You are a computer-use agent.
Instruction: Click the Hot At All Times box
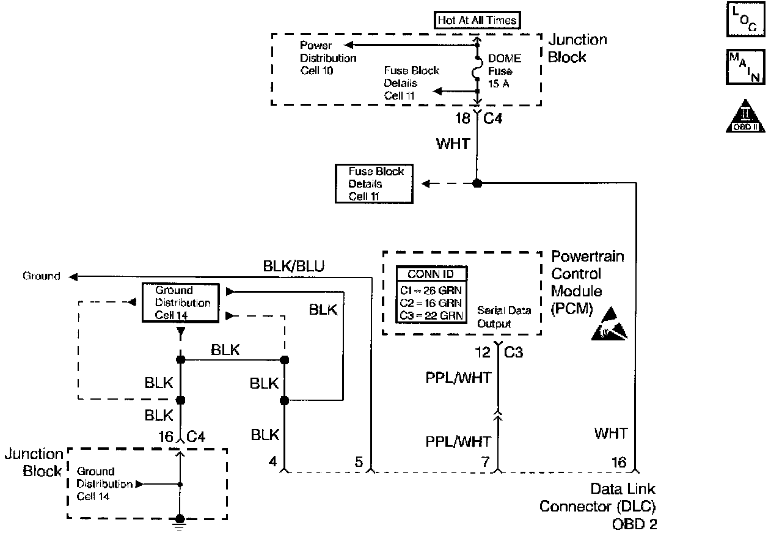click(x=477, y=20)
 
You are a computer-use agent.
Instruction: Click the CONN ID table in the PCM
click(x=430, y=295)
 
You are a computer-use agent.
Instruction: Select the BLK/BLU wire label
click(x=293, y=266)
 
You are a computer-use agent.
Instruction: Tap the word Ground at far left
click(x=42, y=276)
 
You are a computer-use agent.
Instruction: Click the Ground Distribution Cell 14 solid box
click(x=180, y=302)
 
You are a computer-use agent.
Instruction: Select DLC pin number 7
click(x=485, y=462)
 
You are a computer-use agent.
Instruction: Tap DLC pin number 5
click(x=359, y=462)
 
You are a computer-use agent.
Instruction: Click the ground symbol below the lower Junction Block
click(x=180, y=521)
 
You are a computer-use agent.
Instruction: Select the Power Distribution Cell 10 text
click(x=327, y=59)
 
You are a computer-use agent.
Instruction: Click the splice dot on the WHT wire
click(x=477, y=183)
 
